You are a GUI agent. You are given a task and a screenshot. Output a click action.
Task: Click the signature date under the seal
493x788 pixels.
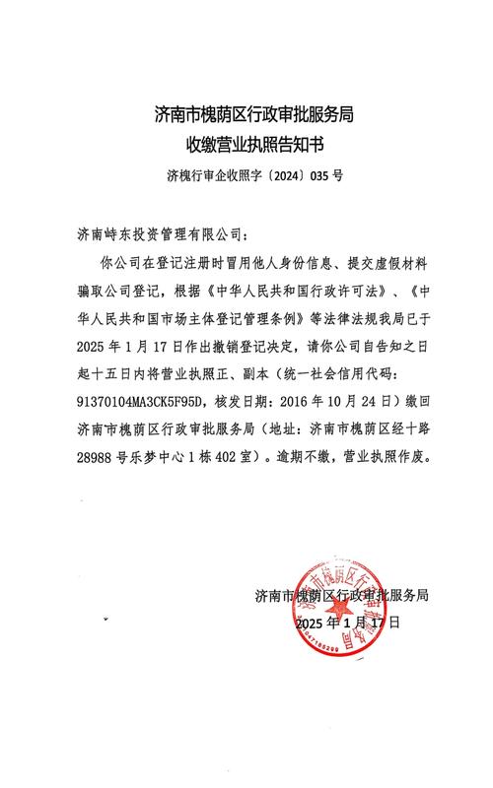coord(347,623)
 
